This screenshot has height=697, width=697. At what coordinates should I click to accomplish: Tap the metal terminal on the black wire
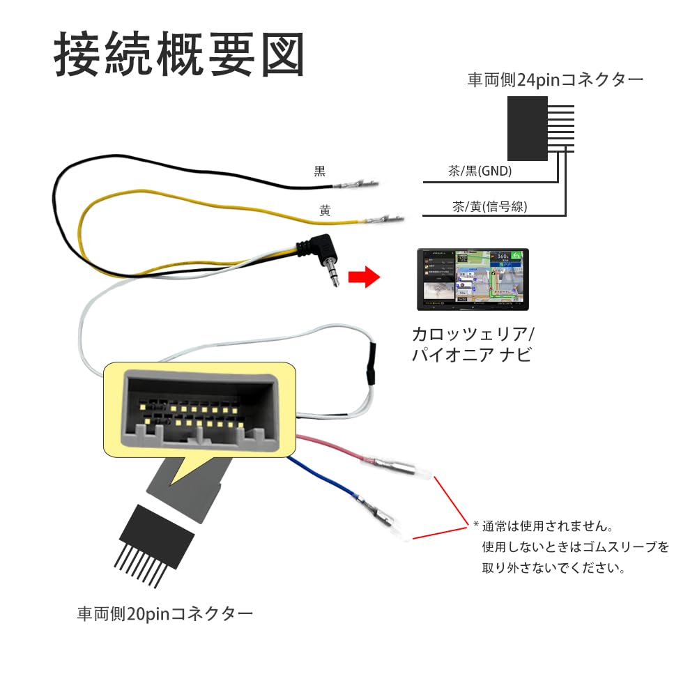(x=357, y=185)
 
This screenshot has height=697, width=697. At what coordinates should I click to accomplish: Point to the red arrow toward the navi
(x=363, y=278)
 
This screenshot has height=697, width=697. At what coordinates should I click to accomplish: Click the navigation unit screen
(x=473, y=279)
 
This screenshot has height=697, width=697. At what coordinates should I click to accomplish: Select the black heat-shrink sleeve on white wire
(x=372, y=364)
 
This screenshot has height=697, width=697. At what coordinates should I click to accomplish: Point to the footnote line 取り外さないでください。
(x=553, y=568)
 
